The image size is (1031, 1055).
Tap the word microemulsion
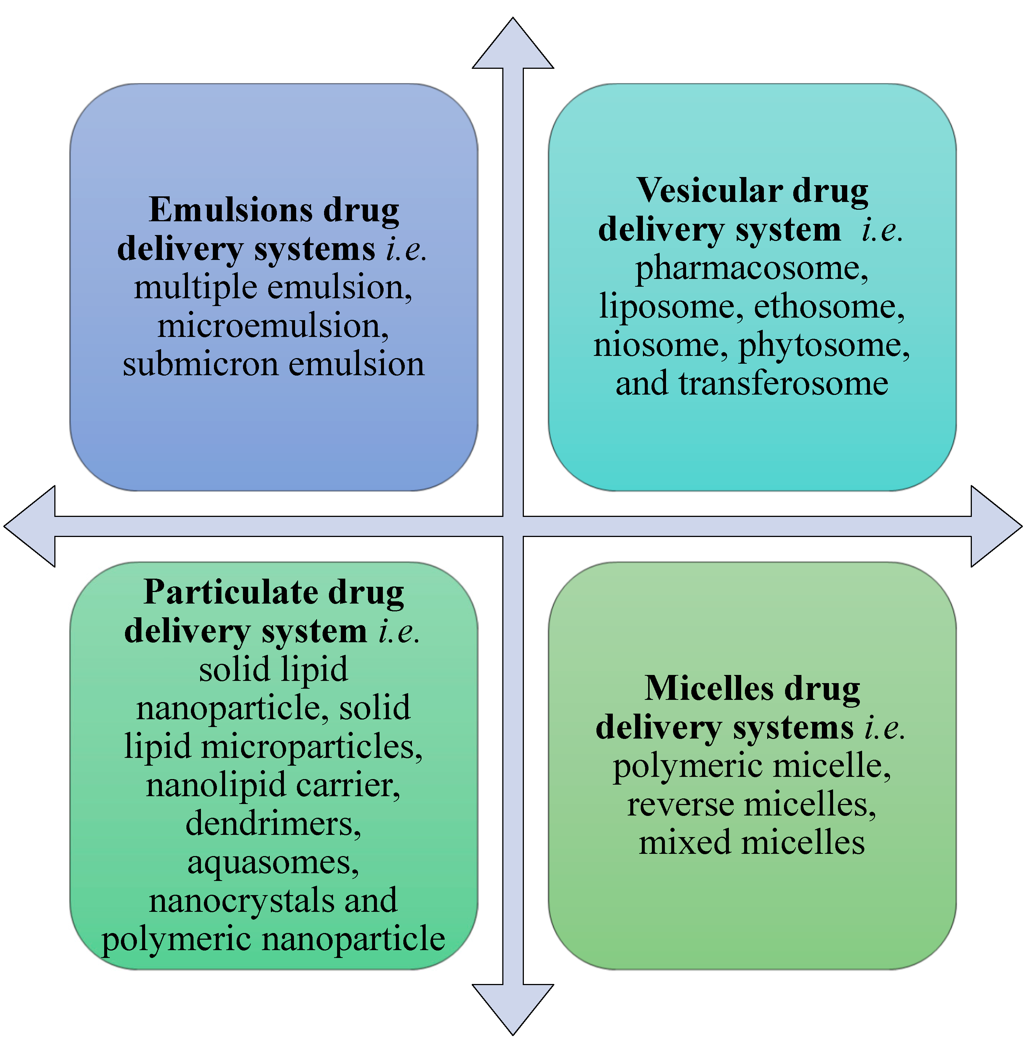click(271, 326)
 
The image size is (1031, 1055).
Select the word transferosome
click(782, 384)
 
